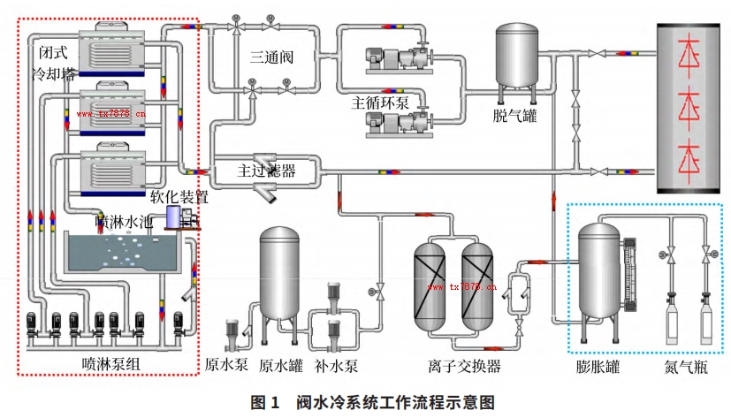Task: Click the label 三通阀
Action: tap(271, 58)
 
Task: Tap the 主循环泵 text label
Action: tap(383, 99)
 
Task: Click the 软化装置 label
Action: tap(179, 196)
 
